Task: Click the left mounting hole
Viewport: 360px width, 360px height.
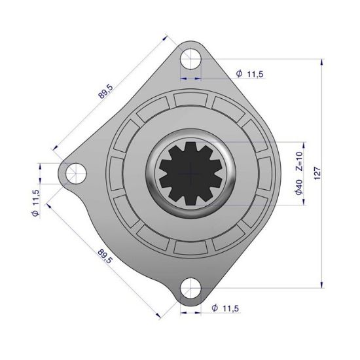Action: click(74, 173)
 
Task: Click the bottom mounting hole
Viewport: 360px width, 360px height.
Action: click(190, 289)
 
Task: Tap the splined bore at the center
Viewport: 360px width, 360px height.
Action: click(190, 173)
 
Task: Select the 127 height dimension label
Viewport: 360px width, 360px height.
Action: click(318, 173)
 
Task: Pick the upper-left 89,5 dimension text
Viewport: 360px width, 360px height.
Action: click(105, 92)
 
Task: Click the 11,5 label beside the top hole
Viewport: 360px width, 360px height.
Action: click(255, 74)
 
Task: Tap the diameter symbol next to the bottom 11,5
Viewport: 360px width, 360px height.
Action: click(215, 308)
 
